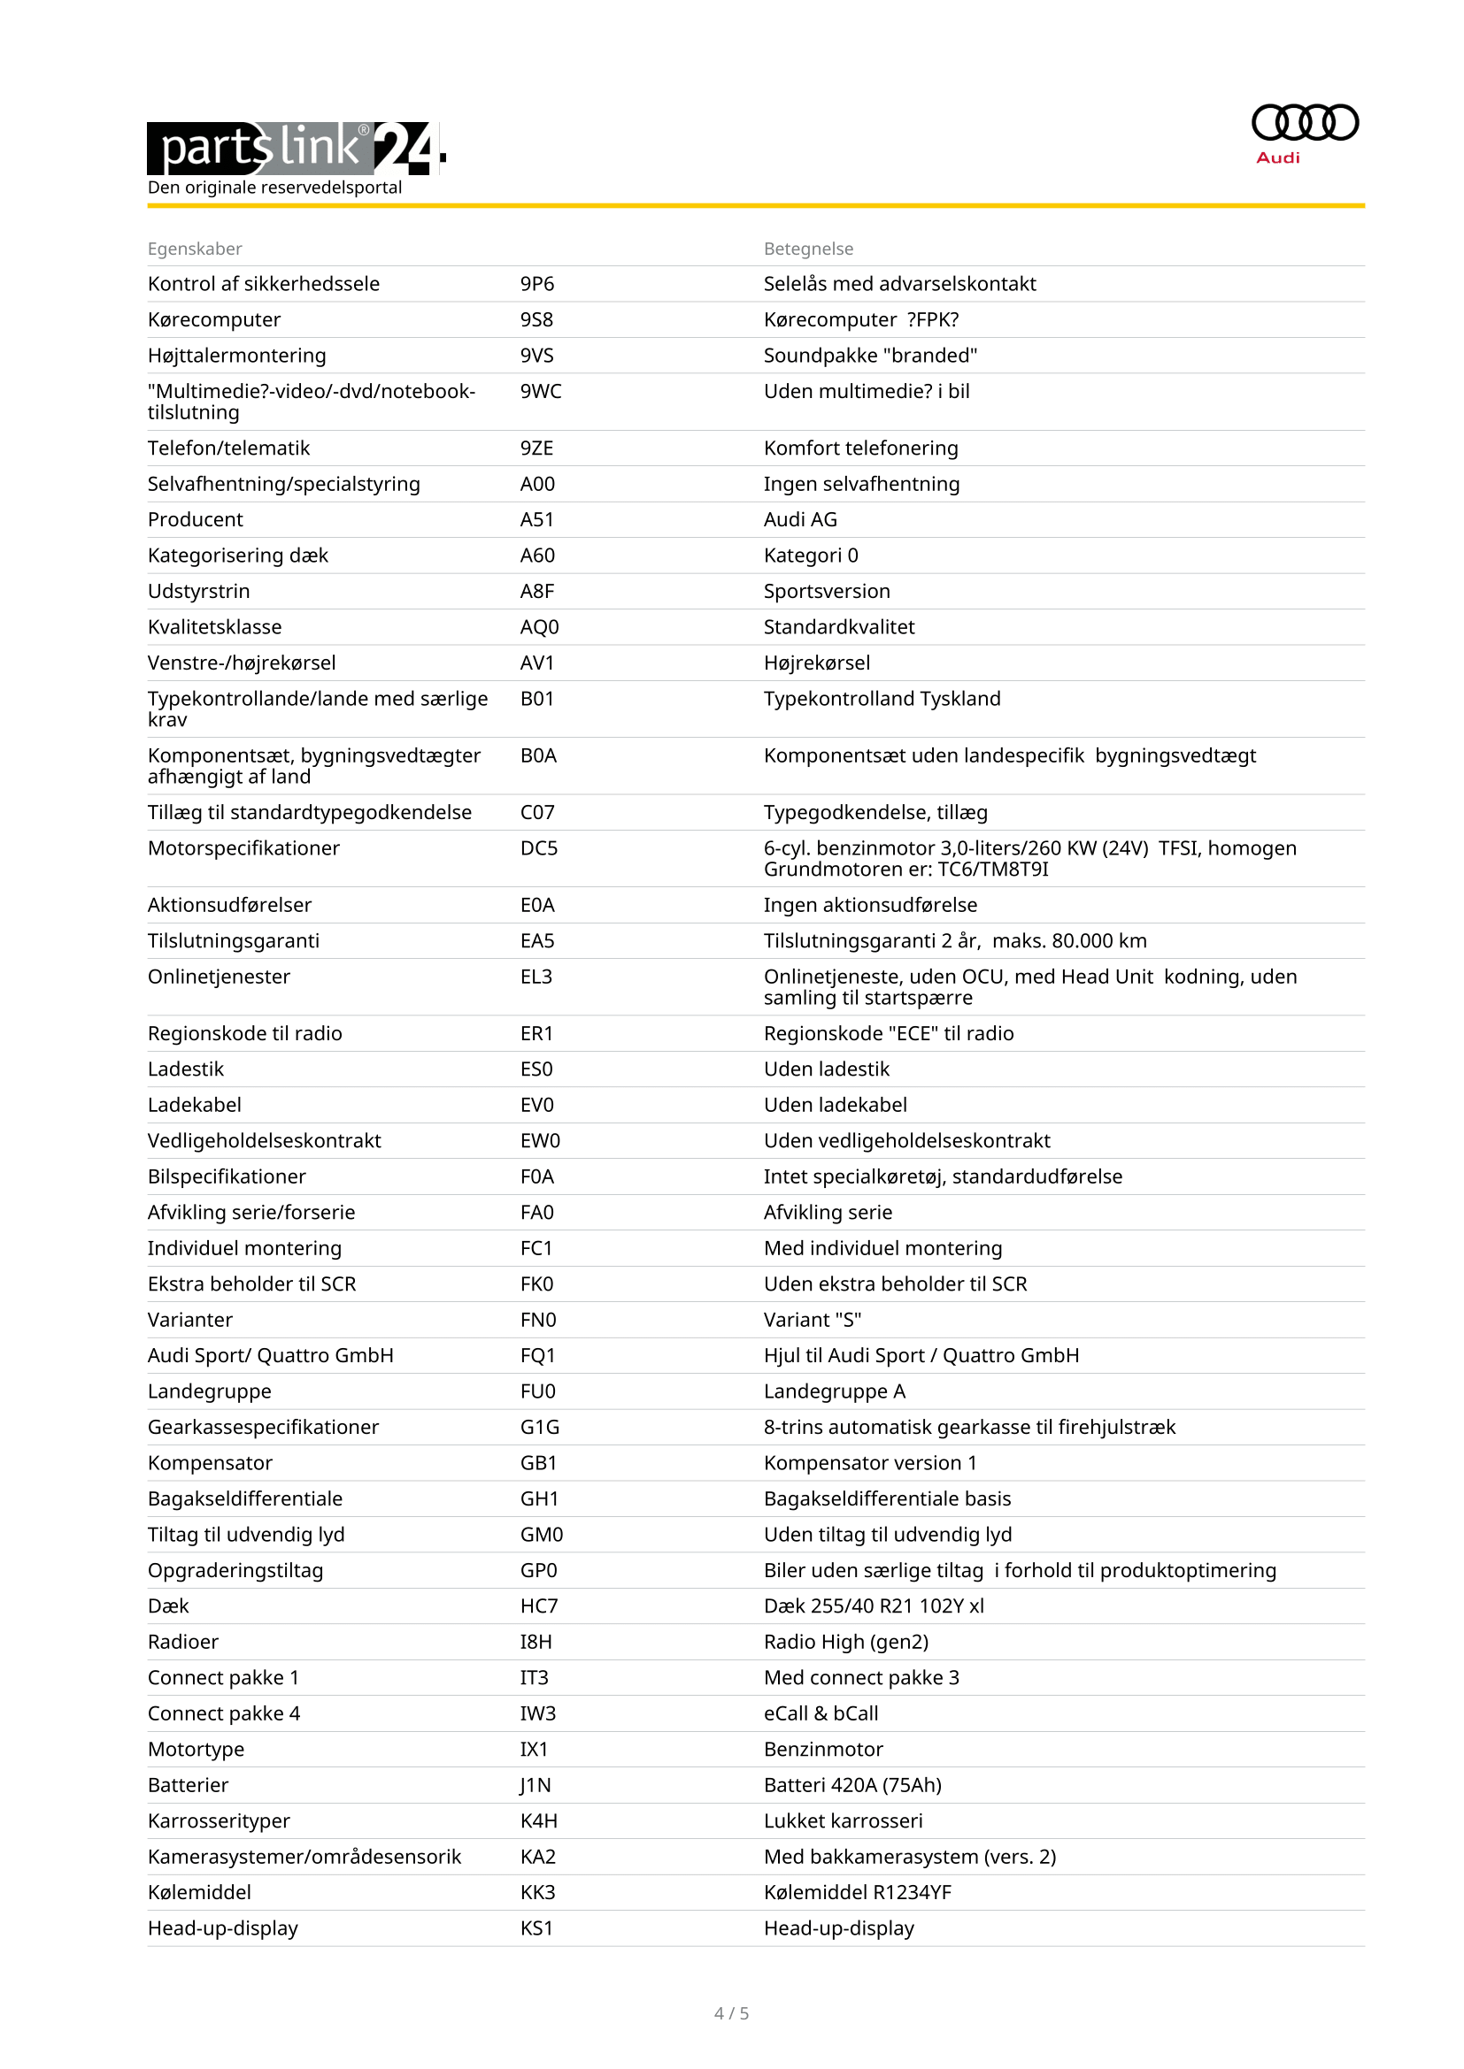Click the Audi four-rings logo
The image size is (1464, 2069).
click(1304, 123)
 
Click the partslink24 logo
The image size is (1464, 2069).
click(296, 148)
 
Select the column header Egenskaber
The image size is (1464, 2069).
click(195, 249)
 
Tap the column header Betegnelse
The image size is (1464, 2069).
click(808, 249)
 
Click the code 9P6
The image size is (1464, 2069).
click(536, 284)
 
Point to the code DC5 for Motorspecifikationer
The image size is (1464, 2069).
click(538, 848)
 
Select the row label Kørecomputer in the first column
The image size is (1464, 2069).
click(213, 320)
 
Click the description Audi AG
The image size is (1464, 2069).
click(799, 519)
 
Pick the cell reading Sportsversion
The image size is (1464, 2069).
click(826, 591)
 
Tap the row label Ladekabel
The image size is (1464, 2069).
click(194, 1105)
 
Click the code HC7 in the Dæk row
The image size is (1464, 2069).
click(538, 1605)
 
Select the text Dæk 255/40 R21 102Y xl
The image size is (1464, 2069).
click(873, 1605)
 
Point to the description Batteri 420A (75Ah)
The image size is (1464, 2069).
click(851, 1785)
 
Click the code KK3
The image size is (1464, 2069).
click(537, 1892)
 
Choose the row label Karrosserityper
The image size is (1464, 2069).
click(218, 1821)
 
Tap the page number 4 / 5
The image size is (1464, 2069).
click(731, 2013)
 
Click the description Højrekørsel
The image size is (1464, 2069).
click(816, 663)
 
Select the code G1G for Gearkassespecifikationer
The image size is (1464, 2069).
click(539, 1428)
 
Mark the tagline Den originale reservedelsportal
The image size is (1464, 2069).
click(274, 188)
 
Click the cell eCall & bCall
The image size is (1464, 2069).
click(821, 1714)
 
